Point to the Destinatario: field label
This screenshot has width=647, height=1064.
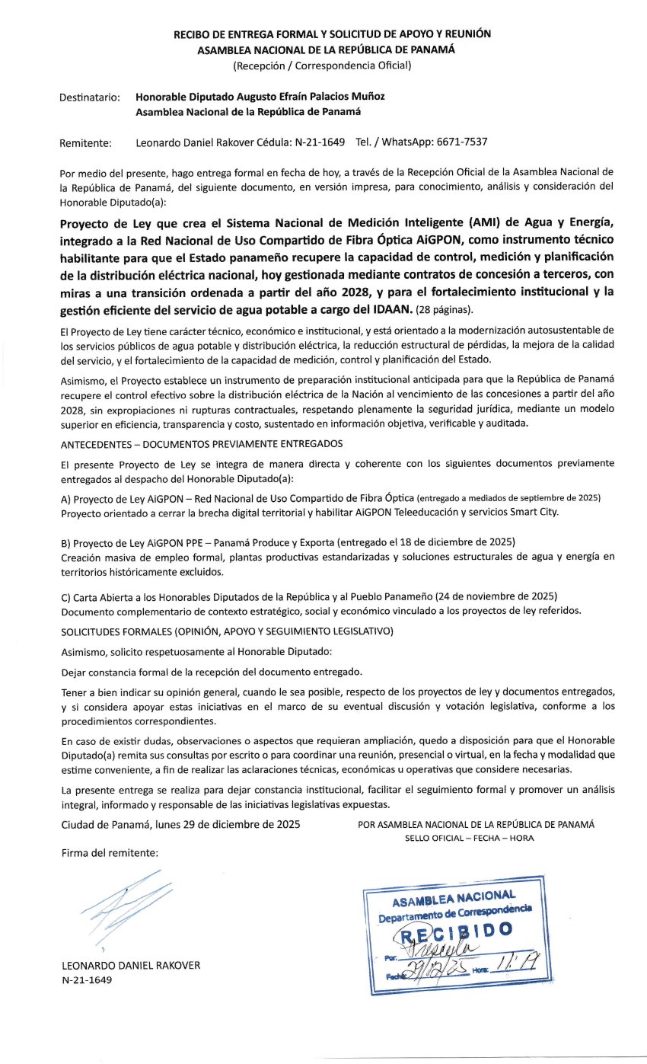pos(90,97)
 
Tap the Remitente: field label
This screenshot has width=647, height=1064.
pos(85,142)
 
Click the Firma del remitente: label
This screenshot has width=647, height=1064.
pos(110,853)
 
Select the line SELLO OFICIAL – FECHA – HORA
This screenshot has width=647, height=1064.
pos(470,838)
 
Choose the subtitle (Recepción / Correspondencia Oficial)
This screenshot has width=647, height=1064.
pos(322,66)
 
